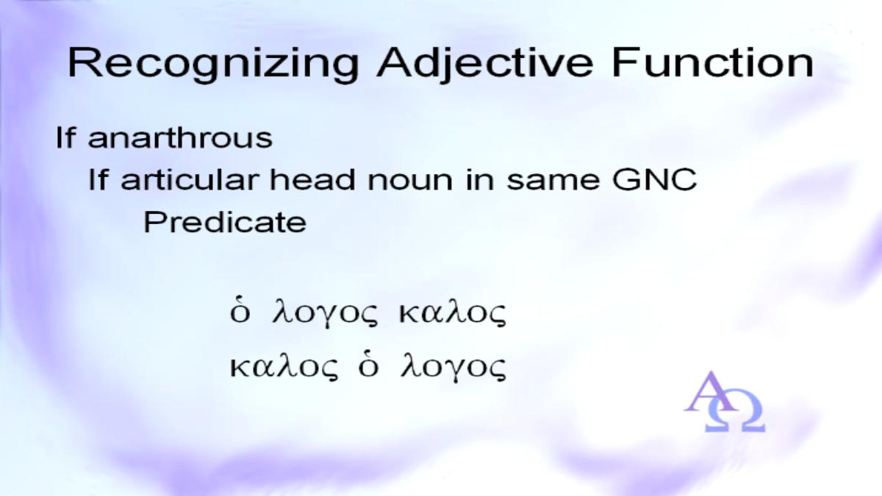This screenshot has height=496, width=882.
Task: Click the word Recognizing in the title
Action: click(213, 65)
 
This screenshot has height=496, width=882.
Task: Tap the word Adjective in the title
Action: click(484, 65)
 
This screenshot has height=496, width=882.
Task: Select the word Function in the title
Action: click(713, 63)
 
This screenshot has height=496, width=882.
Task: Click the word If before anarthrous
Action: click(65, 137)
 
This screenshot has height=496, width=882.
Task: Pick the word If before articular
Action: click(98, 179)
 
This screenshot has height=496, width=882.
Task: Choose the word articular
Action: click(190, 179)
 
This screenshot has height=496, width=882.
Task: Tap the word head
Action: click(312, 179)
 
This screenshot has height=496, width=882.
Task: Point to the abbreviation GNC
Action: click(654, 180)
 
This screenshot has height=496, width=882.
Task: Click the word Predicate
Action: click(225, 223)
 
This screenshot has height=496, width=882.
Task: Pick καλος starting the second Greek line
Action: click(284, 367)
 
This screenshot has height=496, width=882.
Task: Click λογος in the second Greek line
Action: click(453, 368)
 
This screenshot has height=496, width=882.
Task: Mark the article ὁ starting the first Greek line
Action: click(240, 313)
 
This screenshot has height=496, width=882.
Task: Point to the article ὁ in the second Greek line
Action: click(368, 367)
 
